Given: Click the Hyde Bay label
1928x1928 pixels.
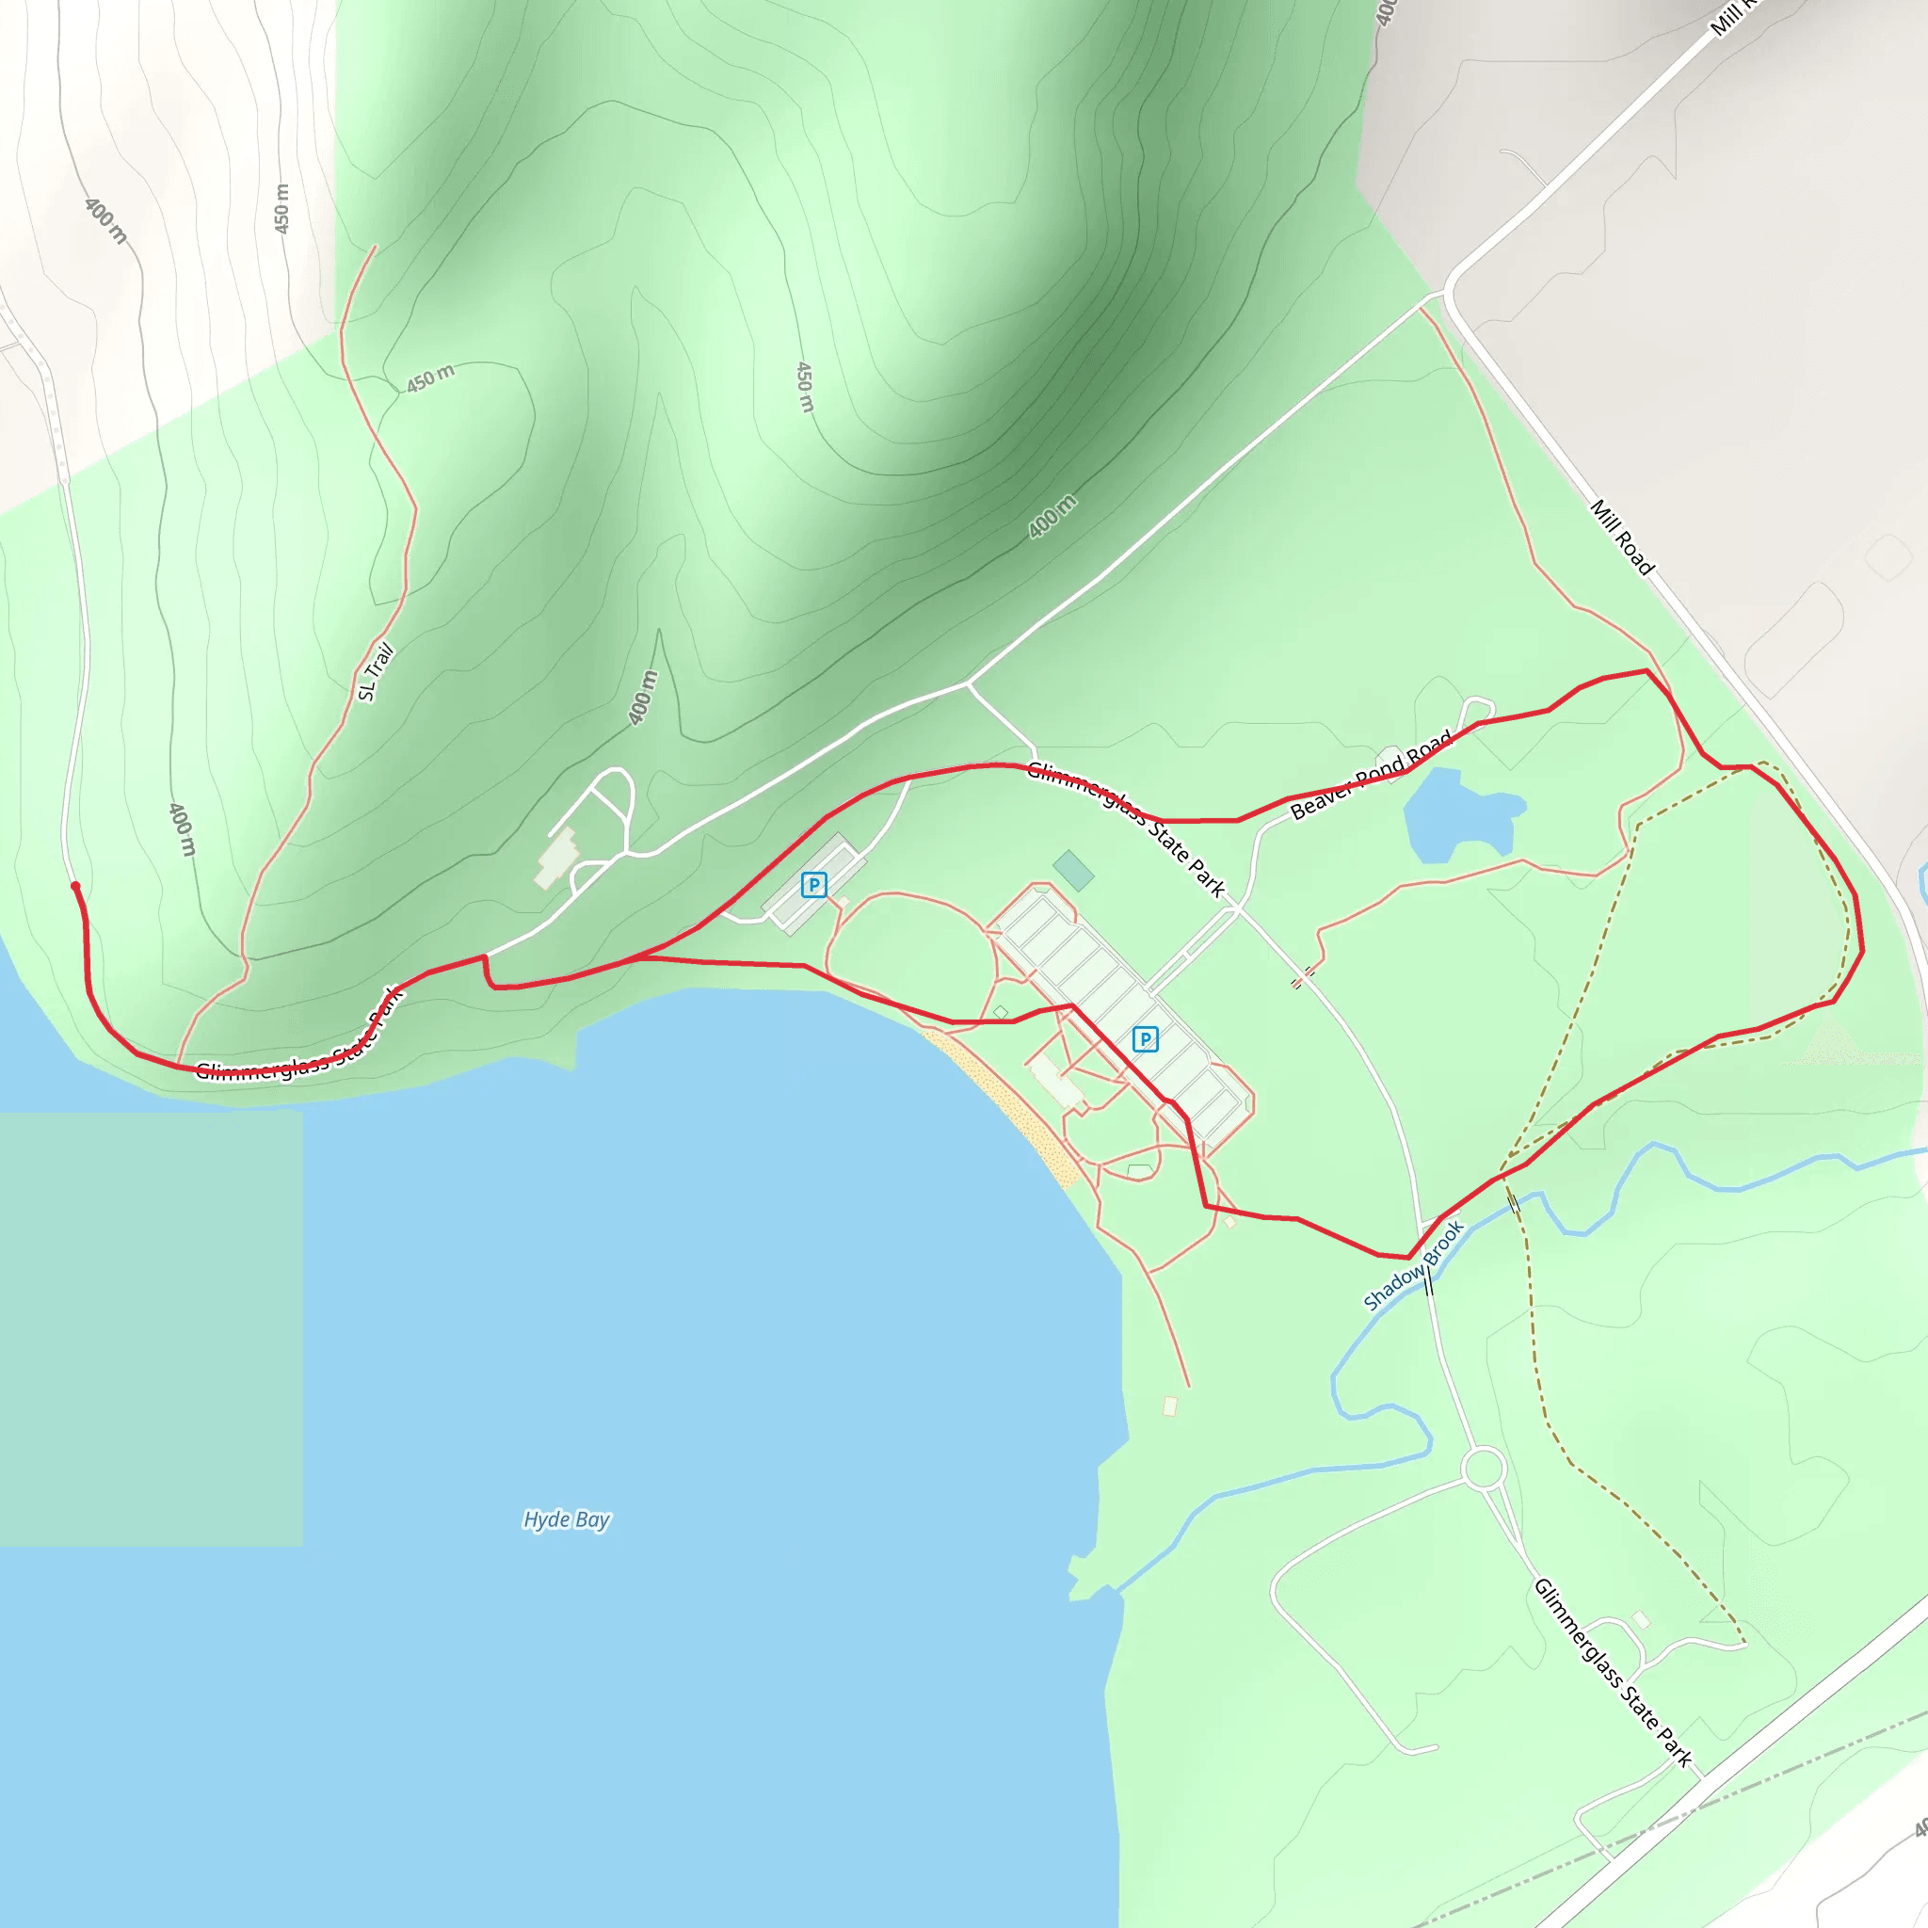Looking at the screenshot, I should point(566,1518).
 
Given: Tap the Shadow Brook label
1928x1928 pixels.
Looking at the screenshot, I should point(1413,1264).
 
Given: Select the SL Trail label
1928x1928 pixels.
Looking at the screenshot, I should point(377,671).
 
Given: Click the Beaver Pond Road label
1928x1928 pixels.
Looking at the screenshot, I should point(1370,775).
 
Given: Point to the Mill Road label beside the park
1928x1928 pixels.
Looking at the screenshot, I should point(1622,537).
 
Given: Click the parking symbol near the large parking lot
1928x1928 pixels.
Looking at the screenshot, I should point(1145,1039).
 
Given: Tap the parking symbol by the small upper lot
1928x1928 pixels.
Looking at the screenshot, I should point(813,884).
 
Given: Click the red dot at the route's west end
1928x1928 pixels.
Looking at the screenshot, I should point(75,885).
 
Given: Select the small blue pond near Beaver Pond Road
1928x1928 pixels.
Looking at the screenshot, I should point(1457,814).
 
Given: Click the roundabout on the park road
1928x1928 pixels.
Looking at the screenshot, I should point(1483,1468).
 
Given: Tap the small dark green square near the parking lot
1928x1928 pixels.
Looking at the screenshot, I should point(1073,870).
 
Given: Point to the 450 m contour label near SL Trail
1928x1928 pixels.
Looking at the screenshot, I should point(430,378).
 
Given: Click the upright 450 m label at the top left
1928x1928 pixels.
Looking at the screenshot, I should point(282,209).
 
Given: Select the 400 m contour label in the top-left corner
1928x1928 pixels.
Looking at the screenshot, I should point(105,220).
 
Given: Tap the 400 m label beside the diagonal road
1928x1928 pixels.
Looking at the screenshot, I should point(1052,515).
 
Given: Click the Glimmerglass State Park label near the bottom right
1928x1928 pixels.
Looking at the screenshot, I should point(1613,1672).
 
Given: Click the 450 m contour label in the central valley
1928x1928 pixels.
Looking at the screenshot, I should point(804,386).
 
